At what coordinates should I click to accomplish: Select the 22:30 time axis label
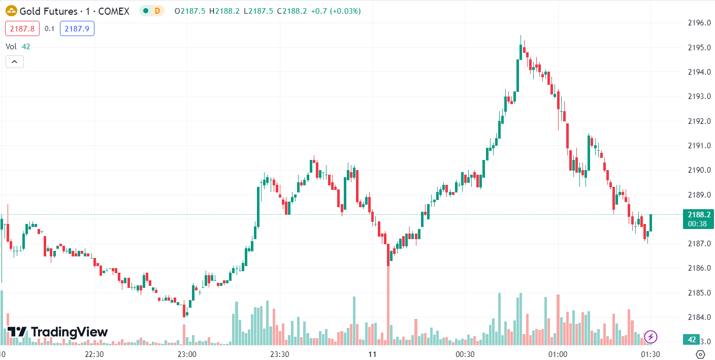click(94, 354)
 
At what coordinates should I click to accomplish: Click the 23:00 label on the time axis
click(187, 354)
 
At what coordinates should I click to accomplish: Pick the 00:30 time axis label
click(465, 354)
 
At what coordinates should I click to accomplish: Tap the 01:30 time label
click(651, 354)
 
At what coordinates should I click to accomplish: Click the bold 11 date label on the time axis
click(372, 354)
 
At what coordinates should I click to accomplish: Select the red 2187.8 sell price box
click(22, 29)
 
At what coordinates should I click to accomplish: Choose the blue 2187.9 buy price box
click(77, 29)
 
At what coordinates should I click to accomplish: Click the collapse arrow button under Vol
click(15, 62)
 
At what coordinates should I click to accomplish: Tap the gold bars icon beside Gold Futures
click(11, 11)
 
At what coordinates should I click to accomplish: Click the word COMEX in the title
click(114, 11)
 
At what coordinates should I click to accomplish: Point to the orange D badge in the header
click(157, 11)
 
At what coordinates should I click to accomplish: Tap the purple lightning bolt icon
click(651, 336)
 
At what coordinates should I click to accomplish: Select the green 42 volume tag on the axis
click(692, 340)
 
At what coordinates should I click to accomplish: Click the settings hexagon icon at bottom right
click(700, 354)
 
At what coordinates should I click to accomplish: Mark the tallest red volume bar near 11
click(388, 305)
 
